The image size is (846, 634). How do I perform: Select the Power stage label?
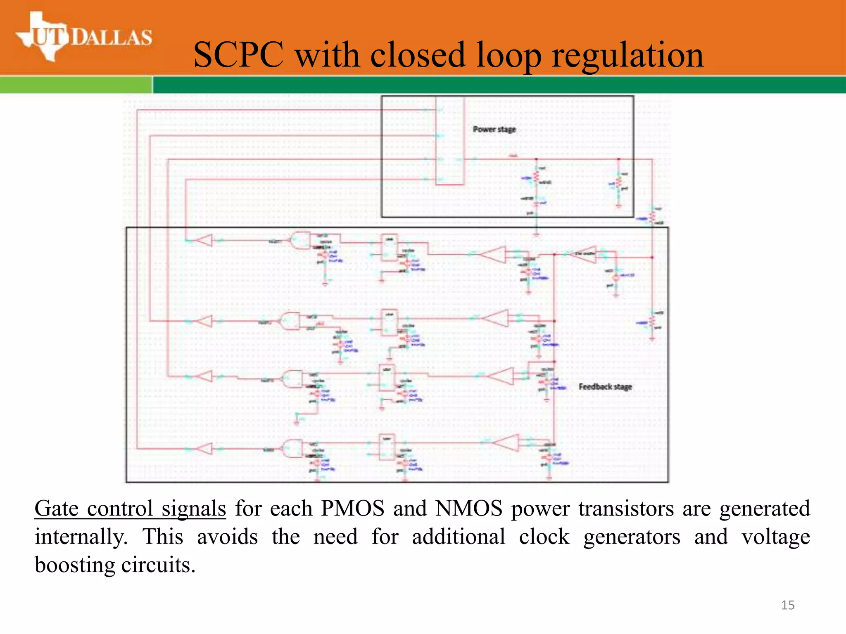point(494,130)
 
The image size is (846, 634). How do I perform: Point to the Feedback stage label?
point(605,387)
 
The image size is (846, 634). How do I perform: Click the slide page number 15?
point(788,605)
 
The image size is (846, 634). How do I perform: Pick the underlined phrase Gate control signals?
point(130,509)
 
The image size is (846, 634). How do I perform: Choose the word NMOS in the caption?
point(469,509)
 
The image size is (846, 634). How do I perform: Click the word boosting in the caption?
point(75,565)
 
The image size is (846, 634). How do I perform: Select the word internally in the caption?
point(81,537)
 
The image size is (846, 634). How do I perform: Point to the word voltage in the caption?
point(775,537)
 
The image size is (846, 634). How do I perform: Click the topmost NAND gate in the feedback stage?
point(300,240)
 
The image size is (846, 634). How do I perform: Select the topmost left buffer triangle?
point(204,240)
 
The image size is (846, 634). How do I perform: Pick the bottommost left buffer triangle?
point(204,449)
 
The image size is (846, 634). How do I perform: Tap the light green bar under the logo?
point(76,85)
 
